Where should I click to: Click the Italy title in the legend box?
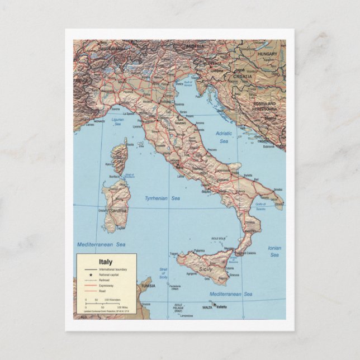coord(105,262)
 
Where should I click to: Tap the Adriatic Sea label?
coord(224,138)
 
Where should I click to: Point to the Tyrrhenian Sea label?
coord(163,198)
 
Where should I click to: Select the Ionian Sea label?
coord(274,251)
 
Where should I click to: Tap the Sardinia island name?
coord(118,210)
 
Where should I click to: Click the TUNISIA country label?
coord(148,286)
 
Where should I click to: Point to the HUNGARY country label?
coord(268,54)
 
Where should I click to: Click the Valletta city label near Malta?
coord(222,306)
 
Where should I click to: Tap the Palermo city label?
coord(199,251)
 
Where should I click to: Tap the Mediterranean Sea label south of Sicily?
coord(231,294)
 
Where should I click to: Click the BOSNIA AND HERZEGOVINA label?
coord(264,106)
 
